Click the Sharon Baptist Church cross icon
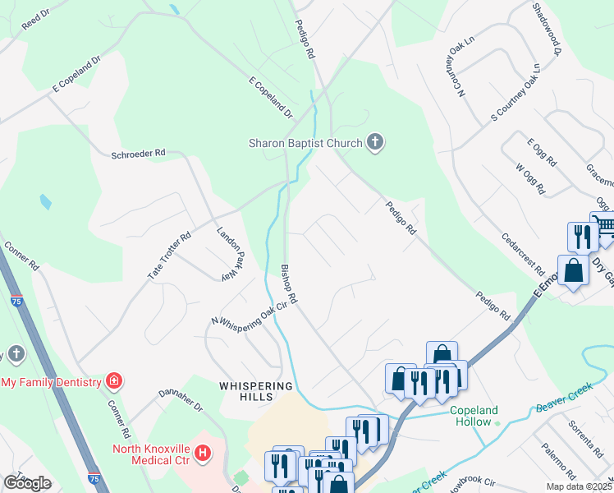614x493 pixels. coord(375,143)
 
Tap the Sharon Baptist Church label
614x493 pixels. coord(305,144)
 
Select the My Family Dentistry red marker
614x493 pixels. coord(113,381)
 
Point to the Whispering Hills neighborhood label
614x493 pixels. coord(255,391)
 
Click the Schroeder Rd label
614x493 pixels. coord(139,153)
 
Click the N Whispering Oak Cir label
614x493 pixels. coord(253,313)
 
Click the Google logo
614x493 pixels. coord(27,483)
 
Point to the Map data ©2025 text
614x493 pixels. coord(579,486)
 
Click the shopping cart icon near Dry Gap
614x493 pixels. coord(604,225)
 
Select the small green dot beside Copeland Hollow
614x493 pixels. coord(497,422)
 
